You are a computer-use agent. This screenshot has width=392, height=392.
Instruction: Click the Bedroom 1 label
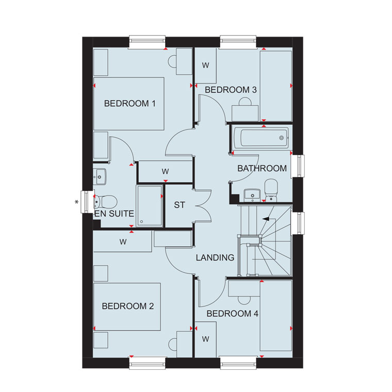coord(130,104)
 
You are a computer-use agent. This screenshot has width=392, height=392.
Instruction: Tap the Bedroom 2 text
coord(128,306)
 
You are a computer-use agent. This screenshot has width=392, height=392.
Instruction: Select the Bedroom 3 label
coord(231,90)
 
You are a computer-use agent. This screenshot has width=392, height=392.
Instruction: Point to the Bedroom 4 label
coord(232,314)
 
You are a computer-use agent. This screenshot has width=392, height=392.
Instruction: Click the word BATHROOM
coord(262,169)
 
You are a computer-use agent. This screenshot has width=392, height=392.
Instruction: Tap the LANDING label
coord(215,257)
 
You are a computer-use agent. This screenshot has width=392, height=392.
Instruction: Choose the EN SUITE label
coord(115,214)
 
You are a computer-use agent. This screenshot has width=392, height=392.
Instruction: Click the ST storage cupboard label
coord(179,205)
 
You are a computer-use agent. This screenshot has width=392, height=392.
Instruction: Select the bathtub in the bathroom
coord(263,137)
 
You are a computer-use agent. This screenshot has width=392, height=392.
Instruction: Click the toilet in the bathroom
coord(271,190)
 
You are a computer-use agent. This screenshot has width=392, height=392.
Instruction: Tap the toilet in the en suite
coord(106,202)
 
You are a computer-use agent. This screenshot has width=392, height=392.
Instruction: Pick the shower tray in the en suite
coord(150,205)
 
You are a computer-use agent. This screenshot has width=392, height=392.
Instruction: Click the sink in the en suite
coord(100,176)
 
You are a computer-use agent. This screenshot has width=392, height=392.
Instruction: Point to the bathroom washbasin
coord(252,195)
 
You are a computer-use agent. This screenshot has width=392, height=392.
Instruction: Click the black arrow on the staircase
coord(266,219)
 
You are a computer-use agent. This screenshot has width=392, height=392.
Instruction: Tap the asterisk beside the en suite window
coord(77,202)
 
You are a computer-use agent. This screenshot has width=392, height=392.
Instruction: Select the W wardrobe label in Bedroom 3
coord(205,66)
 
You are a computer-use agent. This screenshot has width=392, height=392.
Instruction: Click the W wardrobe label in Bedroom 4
coord(205,339)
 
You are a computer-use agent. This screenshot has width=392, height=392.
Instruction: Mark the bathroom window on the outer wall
coord(299,166)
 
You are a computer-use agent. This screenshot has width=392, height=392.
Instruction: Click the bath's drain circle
coord(282,138)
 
